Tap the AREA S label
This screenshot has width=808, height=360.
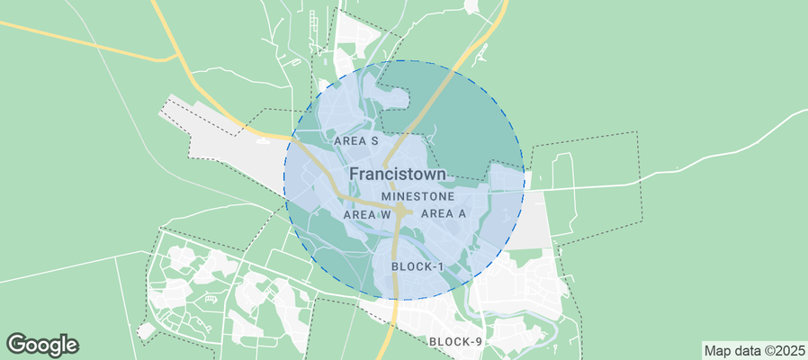(x=355, y=141)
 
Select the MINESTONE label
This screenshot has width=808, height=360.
(x=417, y=195)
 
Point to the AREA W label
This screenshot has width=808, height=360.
(x=367, y=215)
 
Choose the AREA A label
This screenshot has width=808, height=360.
(x=443, y=214)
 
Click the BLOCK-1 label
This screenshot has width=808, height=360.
(x=418, y=266)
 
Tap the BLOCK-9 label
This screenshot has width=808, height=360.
(x=456, y=341)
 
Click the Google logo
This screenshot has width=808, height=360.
(x=42, y=344)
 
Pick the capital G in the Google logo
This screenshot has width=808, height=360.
(x=16, y=344)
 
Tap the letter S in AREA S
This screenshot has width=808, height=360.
(x=373, y=141)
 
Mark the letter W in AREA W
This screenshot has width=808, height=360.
(x=386, y=215)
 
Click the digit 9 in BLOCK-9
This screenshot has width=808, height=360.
(x=480, y=341)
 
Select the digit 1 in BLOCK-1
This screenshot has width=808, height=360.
(x=442, y=266)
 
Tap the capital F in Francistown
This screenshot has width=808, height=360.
(x=354, y=174)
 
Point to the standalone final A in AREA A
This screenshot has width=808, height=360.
(x=462, y=214)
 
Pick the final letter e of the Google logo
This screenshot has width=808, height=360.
(x=72, y=345)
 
